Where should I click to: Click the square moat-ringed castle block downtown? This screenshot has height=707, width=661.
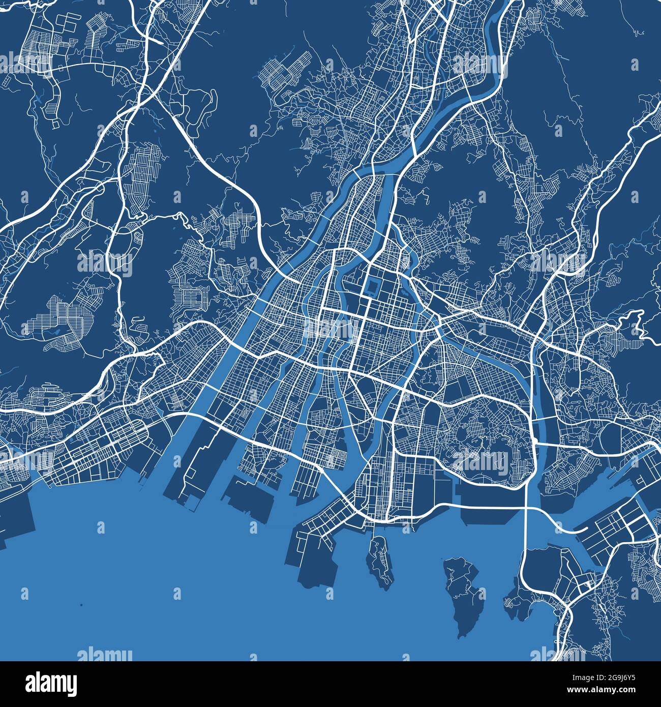(x=373, y=289)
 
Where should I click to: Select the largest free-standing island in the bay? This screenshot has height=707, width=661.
(x=462, y=593)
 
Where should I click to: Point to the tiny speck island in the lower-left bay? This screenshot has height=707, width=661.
(x=81, y=605)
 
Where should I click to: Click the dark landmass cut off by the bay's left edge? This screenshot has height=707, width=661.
(x=15, y=524)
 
